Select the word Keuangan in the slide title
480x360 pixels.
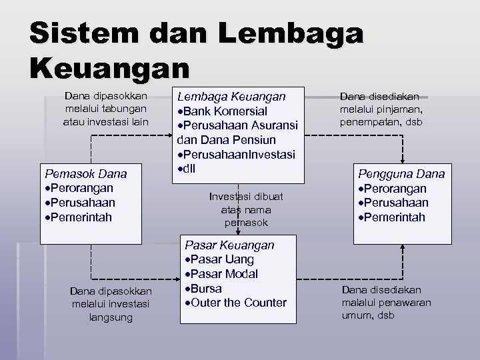109,67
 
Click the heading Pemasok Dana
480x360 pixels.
85,174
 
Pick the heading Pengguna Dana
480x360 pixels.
401,174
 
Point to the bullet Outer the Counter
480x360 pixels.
235,303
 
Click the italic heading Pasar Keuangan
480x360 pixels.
229,245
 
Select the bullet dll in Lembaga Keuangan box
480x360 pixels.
187,169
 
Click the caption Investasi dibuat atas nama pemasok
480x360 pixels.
246,209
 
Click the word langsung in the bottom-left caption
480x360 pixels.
111,317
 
